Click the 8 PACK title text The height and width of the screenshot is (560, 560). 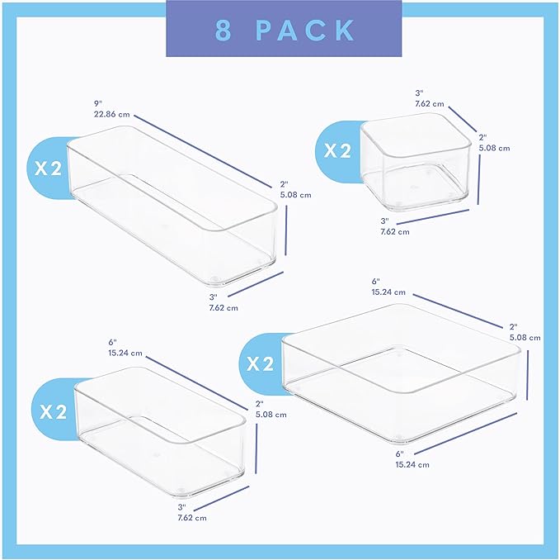pyautogui.click(x=285, y=30)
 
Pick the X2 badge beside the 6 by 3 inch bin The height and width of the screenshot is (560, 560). pyautogui.click(x=51, y=411)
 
